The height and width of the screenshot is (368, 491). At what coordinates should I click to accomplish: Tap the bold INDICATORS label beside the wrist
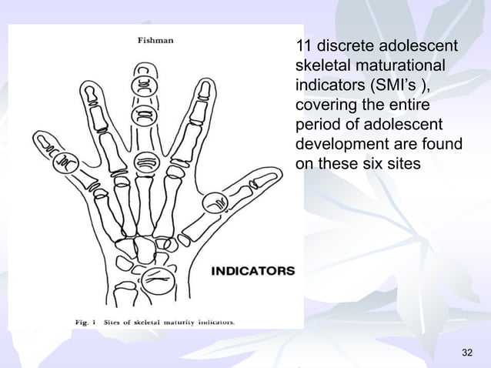pyautogui.click(x=253, y=271)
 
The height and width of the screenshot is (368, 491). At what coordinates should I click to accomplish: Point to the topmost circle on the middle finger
pyautogui.click(x=144, y=85)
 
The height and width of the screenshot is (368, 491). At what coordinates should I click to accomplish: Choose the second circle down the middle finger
pyautogui.click(x=144, y=117)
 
